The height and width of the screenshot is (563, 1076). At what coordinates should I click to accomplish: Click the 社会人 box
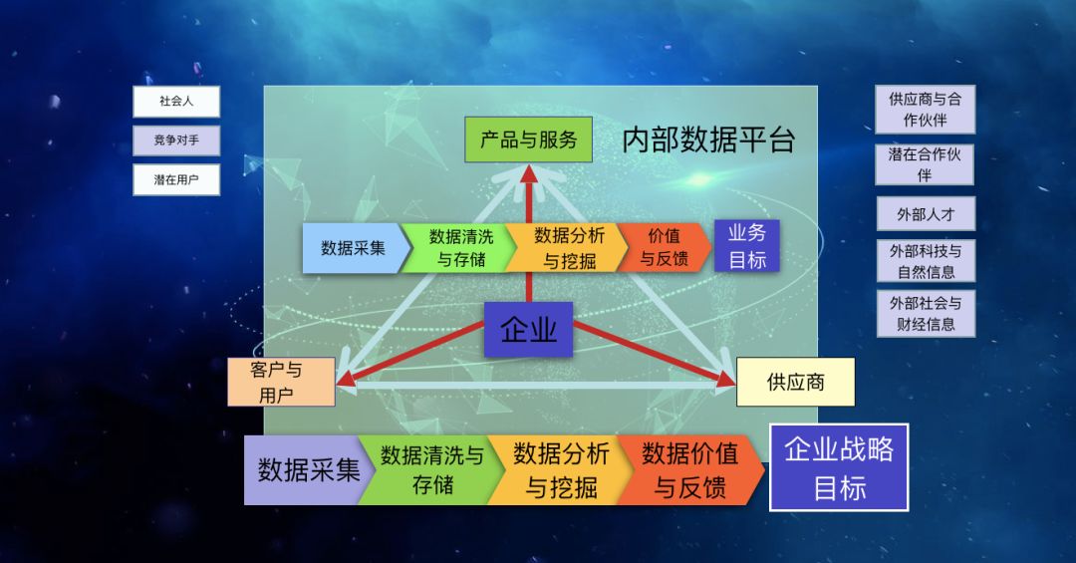point(176,102)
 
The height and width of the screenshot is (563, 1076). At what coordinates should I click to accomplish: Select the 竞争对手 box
point(176,141)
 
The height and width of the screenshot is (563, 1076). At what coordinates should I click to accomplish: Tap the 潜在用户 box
point(176,180)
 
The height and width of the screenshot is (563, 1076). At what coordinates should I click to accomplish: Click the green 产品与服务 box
point(528,141)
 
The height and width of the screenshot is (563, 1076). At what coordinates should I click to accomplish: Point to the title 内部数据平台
point(708,141)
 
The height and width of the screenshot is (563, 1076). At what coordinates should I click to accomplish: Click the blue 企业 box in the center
point(528,330)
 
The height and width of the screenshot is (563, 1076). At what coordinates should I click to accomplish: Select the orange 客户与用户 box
point(281,383)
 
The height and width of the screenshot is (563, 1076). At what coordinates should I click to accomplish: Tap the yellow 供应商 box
point(795,382)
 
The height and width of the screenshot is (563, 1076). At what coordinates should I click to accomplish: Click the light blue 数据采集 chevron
point(352,248)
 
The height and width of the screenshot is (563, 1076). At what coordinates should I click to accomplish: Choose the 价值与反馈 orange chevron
point(665,248)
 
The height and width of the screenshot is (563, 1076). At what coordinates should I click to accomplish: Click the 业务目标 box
point(746,246)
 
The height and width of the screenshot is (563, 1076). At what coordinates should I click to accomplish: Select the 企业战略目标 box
point(839,467)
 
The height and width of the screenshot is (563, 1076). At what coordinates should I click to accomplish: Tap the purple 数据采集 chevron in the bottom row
point(309,470)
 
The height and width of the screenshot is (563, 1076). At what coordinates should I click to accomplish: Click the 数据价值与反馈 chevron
point(689,470)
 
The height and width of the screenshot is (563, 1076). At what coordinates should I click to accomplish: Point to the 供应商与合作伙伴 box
point(925,110)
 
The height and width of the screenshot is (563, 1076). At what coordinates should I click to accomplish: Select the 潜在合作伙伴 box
point(925,164)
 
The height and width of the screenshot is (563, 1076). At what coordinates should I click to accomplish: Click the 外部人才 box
point(926,214)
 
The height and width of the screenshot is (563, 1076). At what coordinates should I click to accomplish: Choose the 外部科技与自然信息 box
point(926,262)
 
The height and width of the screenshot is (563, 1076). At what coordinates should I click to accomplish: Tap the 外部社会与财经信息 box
point(926,314)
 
